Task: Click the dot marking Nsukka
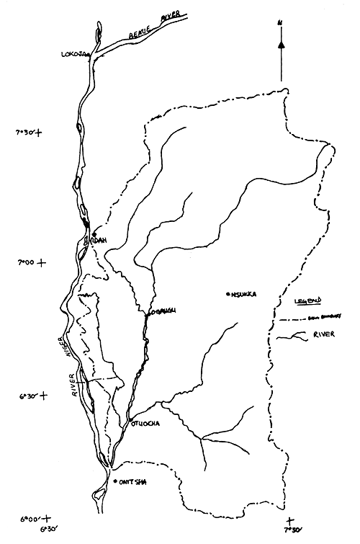click(227, 294)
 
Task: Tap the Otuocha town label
click(145, 424)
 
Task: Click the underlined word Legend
click(310, 298)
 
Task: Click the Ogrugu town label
click(162, 311)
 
